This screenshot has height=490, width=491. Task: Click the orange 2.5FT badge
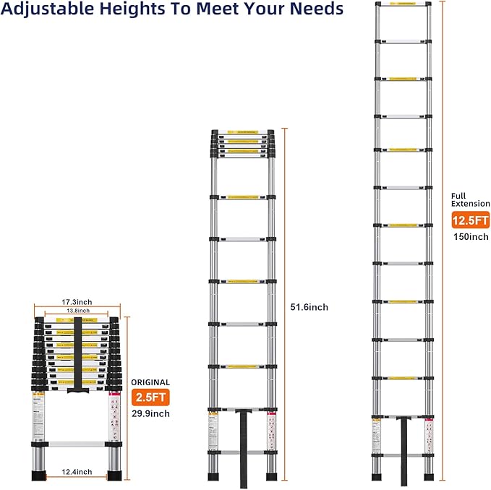(x=150, y=397)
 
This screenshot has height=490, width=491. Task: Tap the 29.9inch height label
(x=150, y=413)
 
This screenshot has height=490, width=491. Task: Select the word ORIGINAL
(x=150, y=382)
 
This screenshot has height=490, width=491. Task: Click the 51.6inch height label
(x=309, y=307)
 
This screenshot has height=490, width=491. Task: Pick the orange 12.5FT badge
(x=469, y=220)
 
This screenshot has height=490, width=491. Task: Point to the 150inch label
(x=470, y=236)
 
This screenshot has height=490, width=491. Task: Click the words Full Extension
(x=469, y=200)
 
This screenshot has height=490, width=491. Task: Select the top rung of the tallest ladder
(x=403, y=6)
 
